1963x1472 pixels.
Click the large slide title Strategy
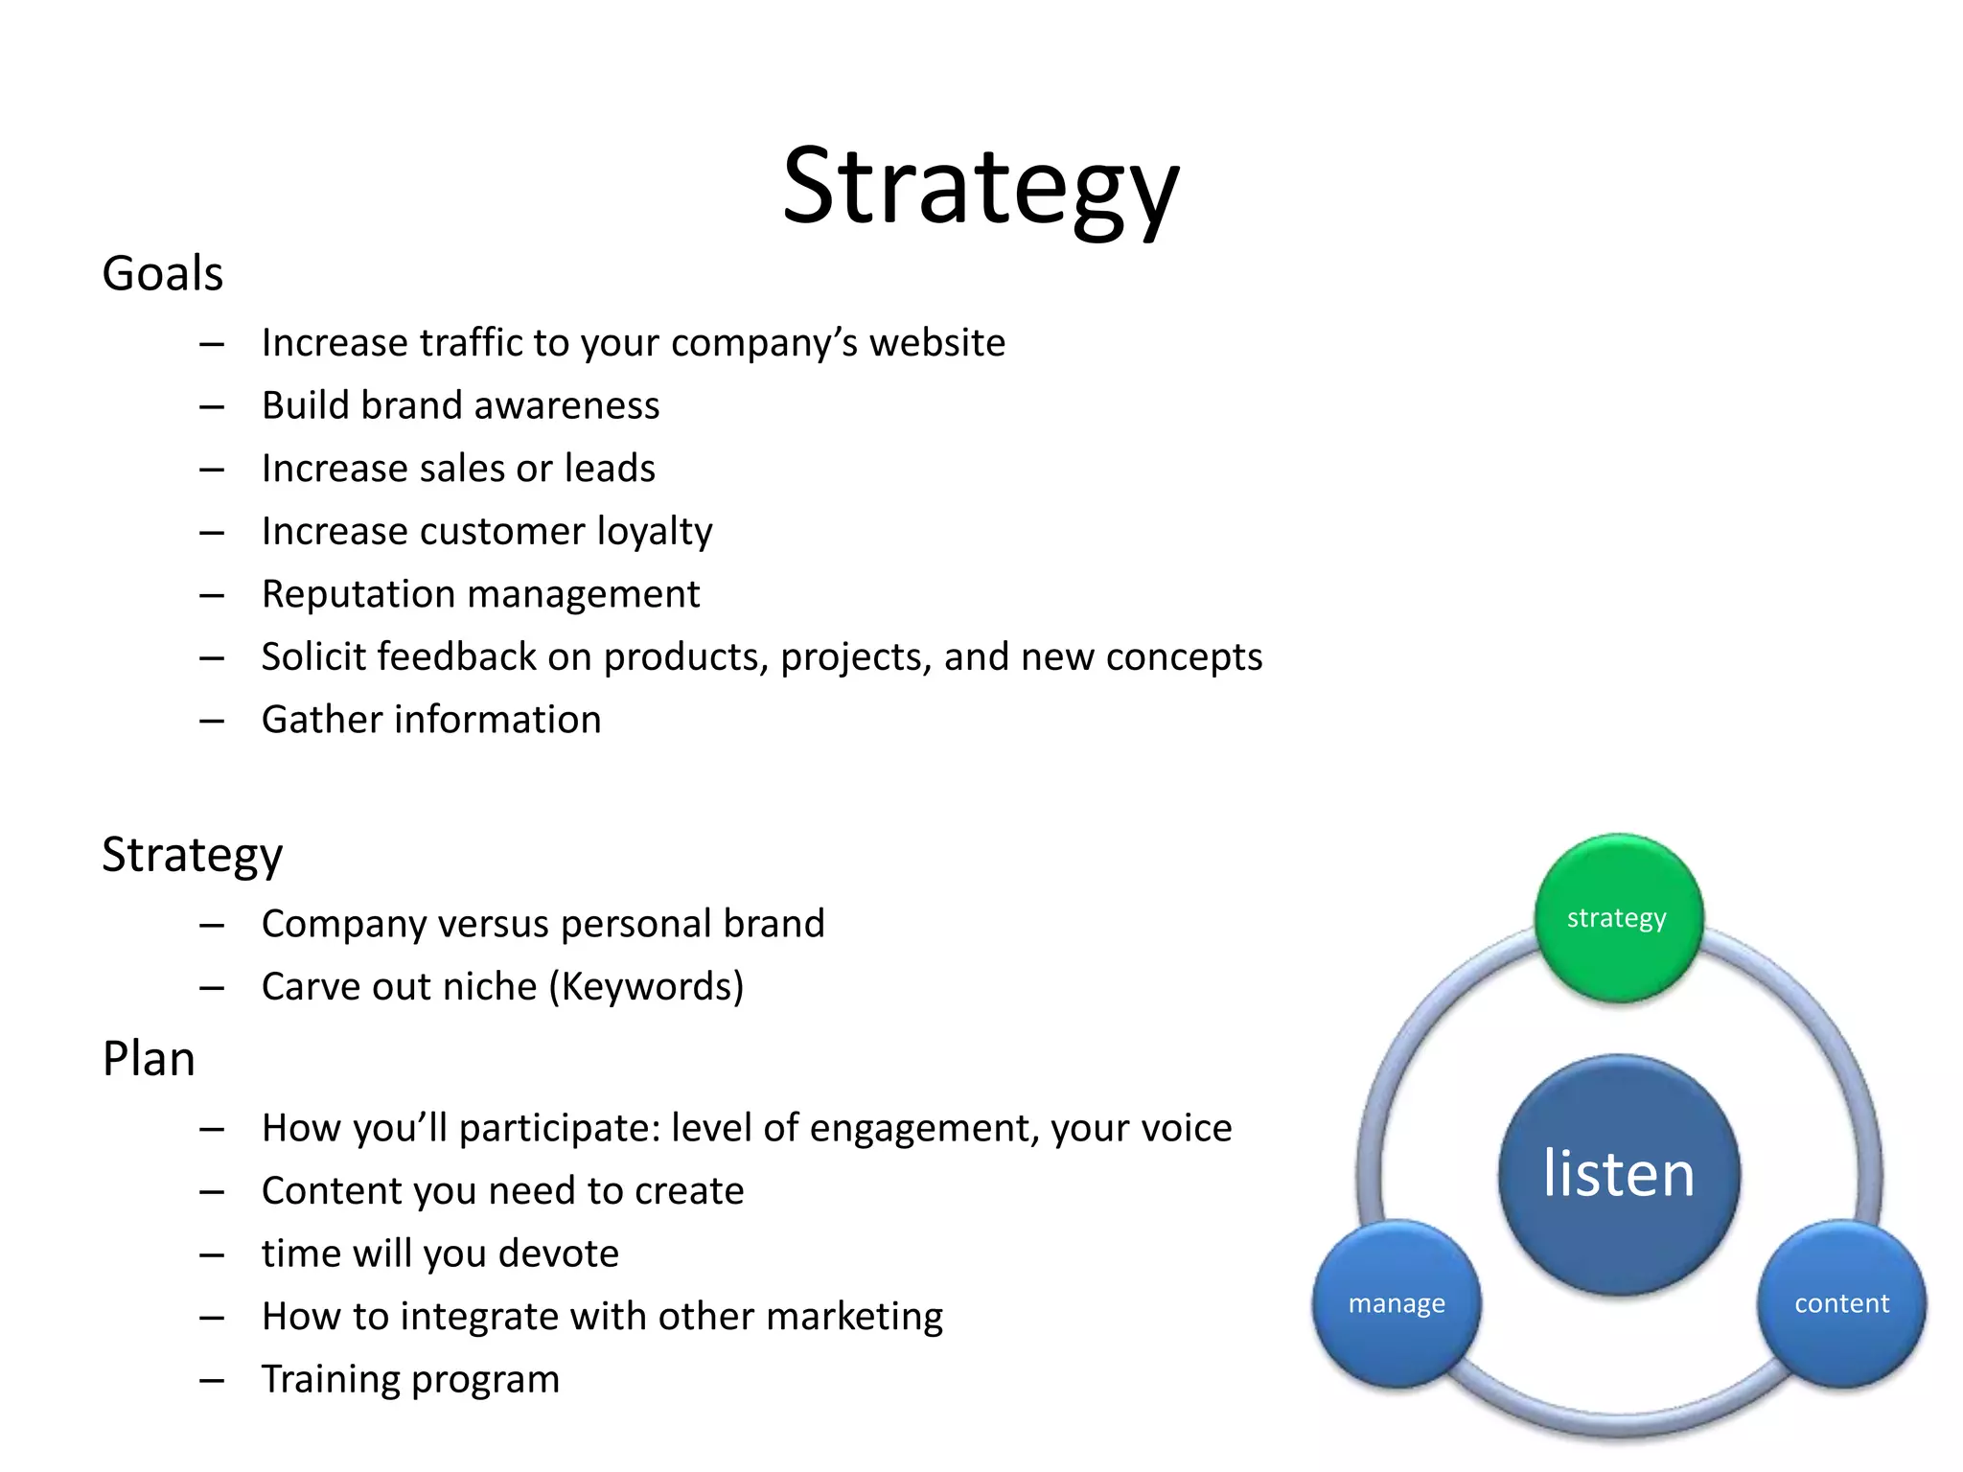(x=980, y=187)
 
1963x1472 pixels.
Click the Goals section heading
(x=163, y=274)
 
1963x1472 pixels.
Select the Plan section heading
(x=149, y=1060)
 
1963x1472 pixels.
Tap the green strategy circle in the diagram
(x=1617, y=918)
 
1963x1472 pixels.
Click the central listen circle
(x=1618, y=1174)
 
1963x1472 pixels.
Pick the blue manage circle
(x=1397, y=1303)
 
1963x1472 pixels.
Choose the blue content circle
(x=1841, y=1303)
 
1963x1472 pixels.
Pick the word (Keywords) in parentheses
(x=646, y=987)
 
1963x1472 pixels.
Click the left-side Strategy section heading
(x=193, y=855)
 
